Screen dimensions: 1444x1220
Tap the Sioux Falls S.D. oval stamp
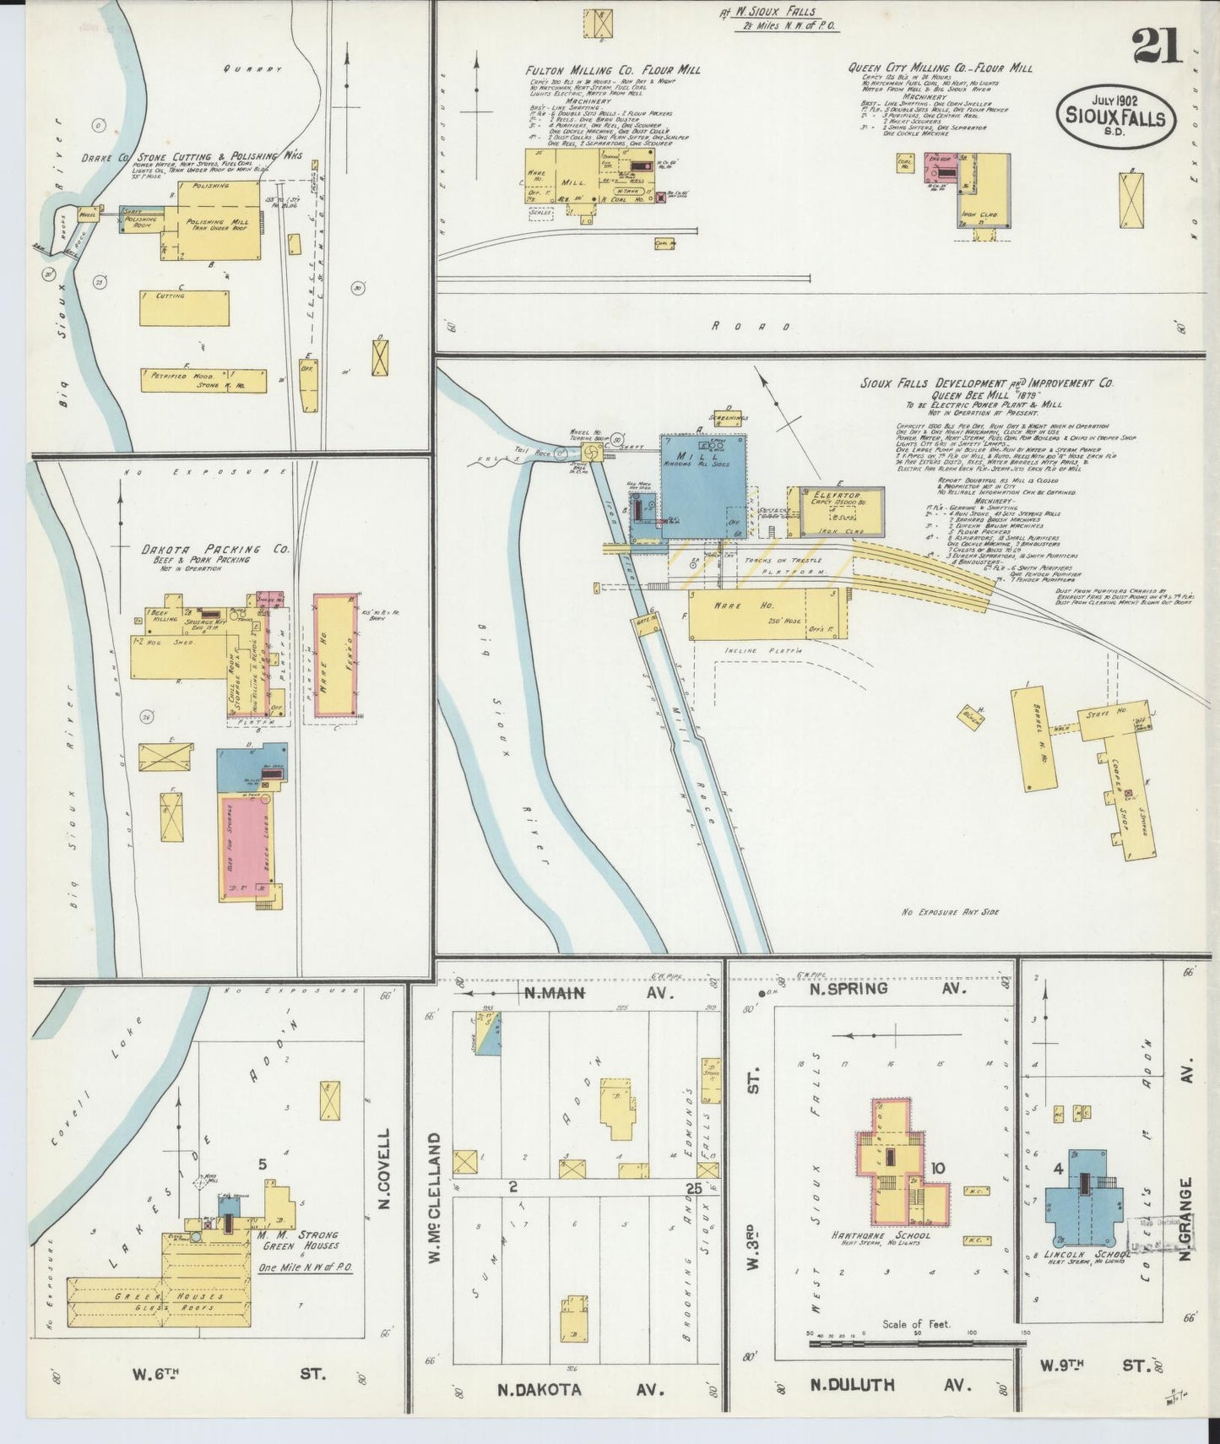pos(1114,117)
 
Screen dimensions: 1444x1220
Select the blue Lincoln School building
pos(1083,1199)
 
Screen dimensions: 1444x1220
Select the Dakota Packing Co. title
pos(215,549)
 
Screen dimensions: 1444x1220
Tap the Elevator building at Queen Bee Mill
pos(840,511)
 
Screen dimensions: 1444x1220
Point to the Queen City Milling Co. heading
pos(940,68)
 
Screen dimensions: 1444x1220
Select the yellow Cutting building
pos(184,308)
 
